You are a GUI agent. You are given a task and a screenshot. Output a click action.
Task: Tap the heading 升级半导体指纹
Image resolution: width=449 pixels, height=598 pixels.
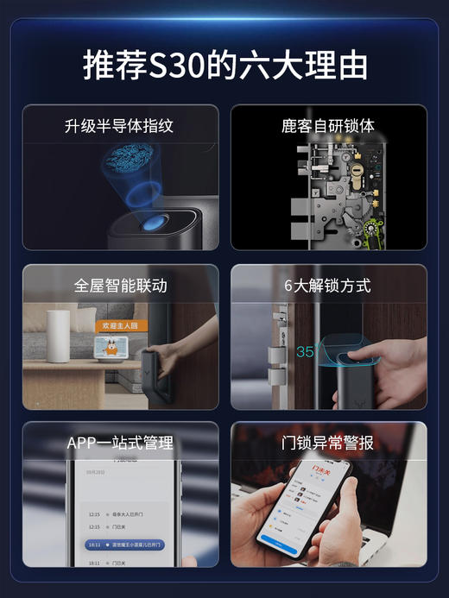[119, 126]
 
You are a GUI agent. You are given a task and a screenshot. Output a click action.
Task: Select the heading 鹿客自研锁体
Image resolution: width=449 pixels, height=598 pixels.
[328, 126]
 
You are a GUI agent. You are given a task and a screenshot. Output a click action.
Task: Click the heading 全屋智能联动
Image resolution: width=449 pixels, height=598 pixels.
[120, 285]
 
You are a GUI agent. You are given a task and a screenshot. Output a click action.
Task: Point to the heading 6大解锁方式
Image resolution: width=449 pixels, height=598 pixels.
[328, 285]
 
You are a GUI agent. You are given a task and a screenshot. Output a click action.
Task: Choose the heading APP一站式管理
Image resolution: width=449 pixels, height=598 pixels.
[120, 443]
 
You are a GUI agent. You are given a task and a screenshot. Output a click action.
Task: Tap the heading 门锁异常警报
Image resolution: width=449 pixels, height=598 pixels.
[328, 443]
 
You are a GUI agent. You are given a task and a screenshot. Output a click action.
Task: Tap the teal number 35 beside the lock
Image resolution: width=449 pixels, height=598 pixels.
[305, 351]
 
